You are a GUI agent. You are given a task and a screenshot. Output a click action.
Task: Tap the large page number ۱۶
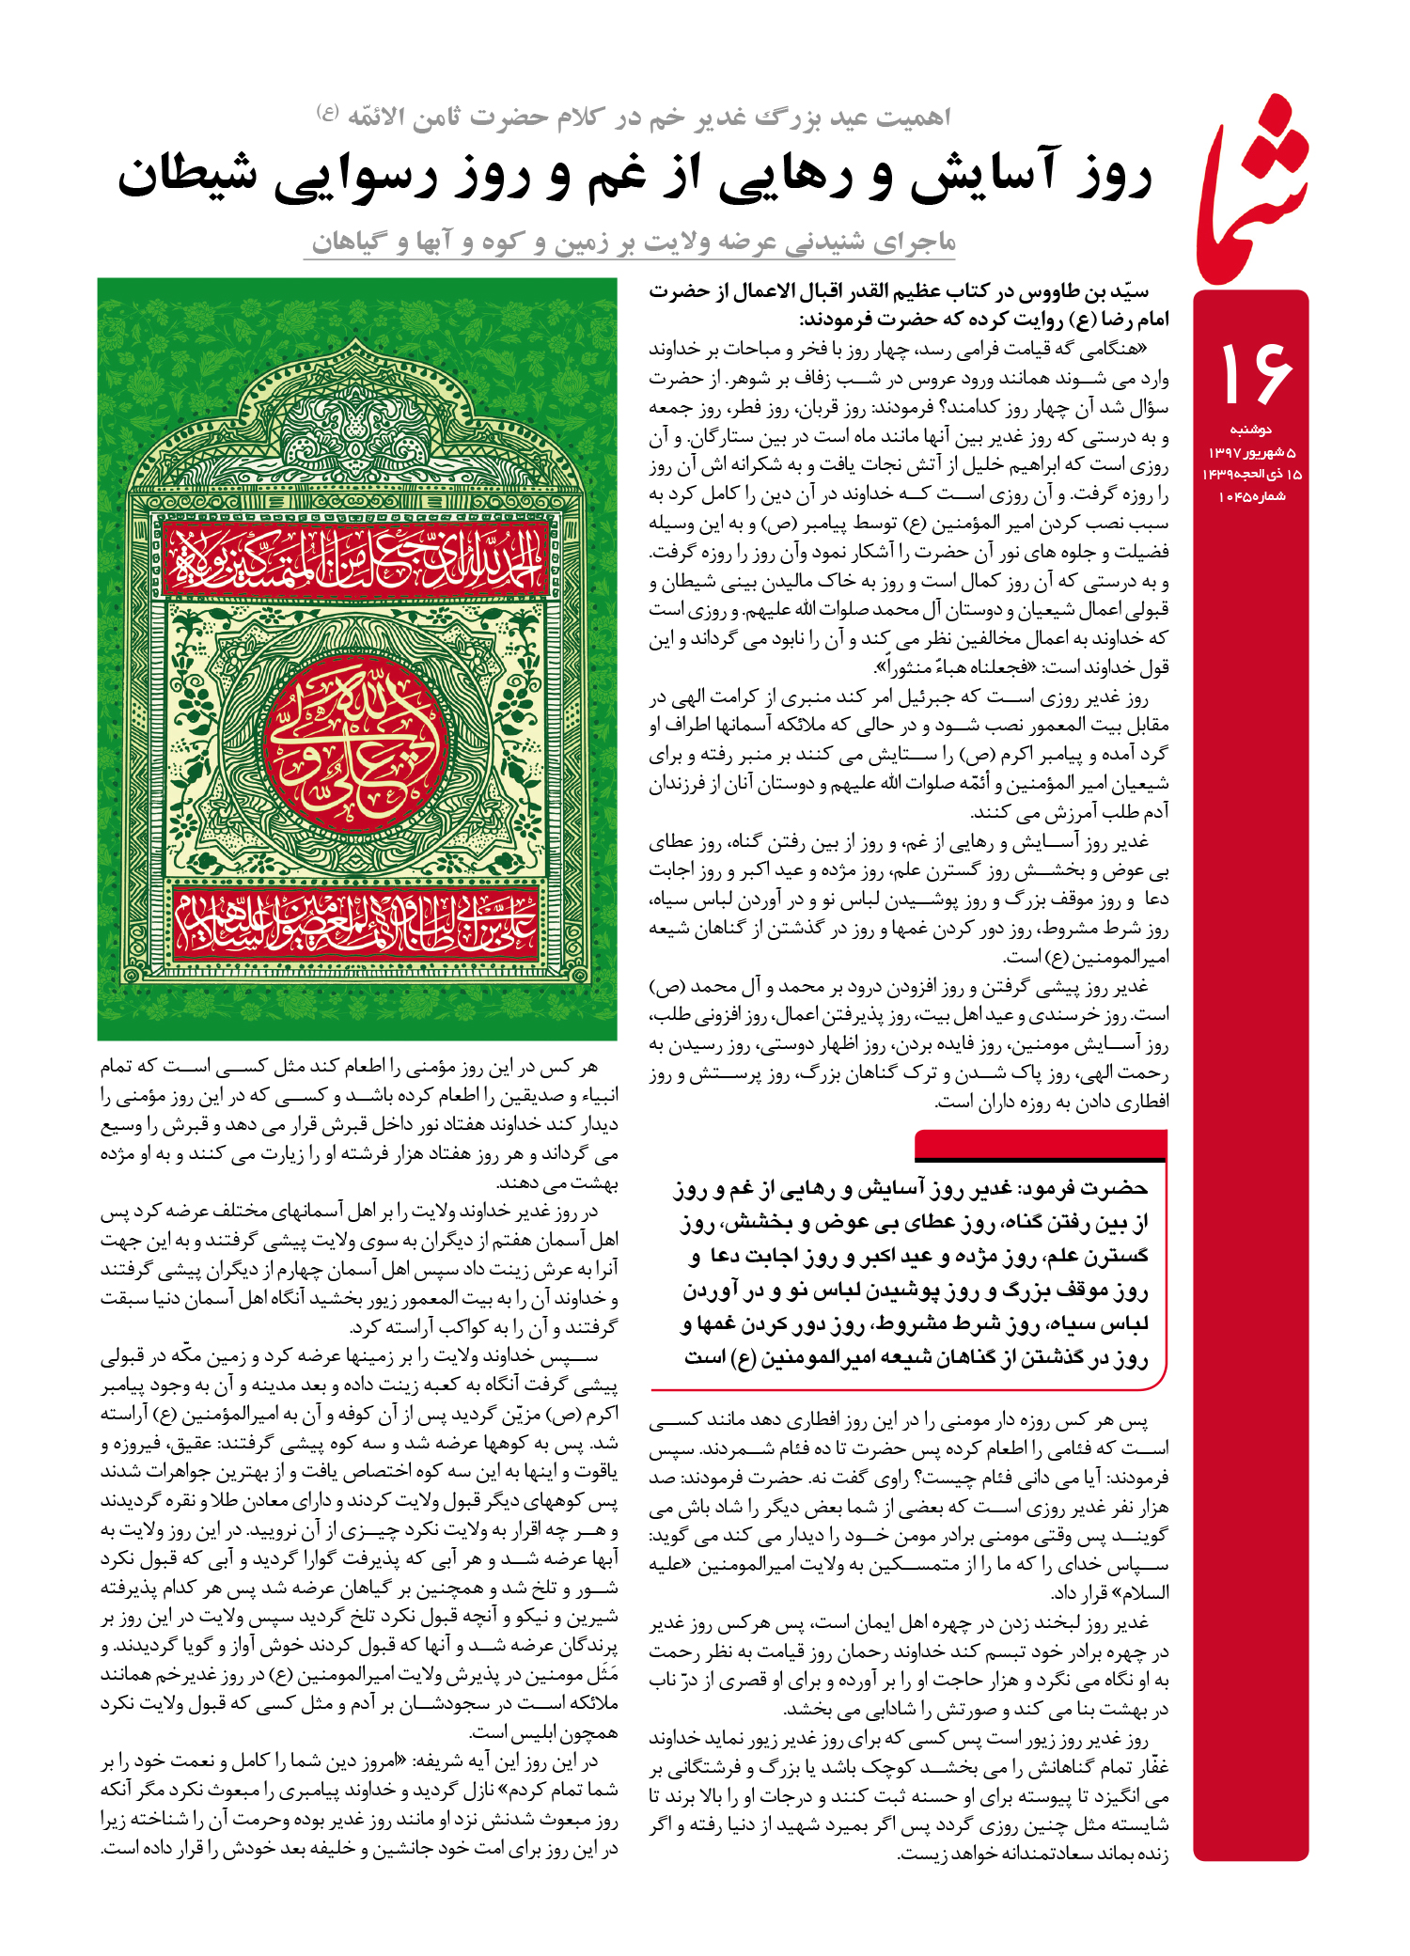[x=1253, y=372]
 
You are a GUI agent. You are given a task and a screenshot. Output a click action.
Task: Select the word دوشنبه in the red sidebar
[x=1251, y=430]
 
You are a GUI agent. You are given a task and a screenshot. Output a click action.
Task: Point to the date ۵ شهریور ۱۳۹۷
[x=1251, y=452]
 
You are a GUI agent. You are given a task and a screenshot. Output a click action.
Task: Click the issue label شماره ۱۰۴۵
[x=1251, y=496]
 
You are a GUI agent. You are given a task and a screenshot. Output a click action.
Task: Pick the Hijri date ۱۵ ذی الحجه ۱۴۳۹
[x=1251, y=474]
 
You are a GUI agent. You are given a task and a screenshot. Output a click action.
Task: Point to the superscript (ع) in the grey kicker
[x=328, y=111]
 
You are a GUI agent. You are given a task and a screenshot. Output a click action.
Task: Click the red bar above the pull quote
[x=1040, y=1145]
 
